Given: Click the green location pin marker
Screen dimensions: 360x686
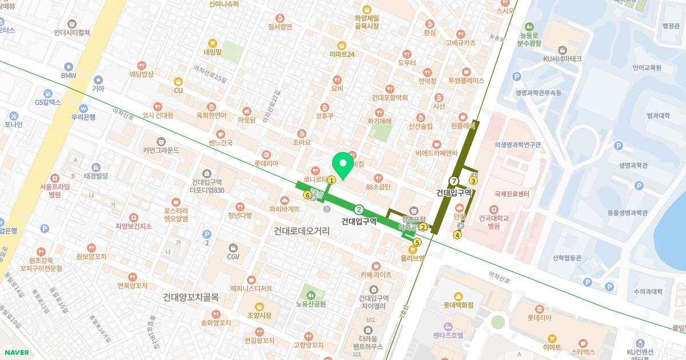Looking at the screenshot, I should click(343, 165).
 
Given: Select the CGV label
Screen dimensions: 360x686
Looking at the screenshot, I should click(233, 257).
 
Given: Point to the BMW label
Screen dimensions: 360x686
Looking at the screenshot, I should click(69, 75).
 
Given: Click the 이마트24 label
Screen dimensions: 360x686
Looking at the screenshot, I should click(342, 54).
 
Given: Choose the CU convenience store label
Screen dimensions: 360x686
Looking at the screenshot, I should click(178, 90).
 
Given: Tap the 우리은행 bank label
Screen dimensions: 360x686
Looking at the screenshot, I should click(83, 117).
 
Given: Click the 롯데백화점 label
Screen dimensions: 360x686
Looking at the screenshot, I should click(458, 305).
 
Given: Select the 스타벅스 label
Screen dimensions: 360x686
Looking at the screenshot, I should click(583, 351).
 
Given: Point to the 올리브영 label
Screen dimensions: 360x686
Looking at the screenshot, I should click(413, 258).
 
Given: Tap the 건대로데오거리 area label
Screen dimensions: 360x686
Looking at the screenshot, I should click(302, 231).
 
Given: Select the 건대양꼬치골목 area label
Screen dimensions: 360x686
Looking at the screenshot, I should click(191, 297).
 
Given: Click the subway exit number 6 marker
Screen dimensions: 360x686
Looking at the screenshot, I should click(308, 195).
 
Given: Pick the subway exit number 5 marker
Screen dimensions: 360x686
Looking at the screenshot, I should click(417, 242).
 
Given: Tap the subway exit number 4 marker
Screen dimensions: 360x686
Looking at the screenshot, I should click(457, 235).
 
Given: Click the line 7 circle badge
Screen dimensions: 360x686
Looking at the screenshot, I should click(454, 181).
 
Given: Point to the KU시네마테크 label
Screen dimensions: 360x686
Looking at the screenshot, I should click(563, 58).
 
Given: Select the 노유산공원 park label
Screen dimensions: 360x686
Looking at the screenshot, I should click(311, 304).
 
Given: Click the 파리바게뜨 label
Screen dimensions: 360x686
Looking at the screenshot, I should click(285, 209).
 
